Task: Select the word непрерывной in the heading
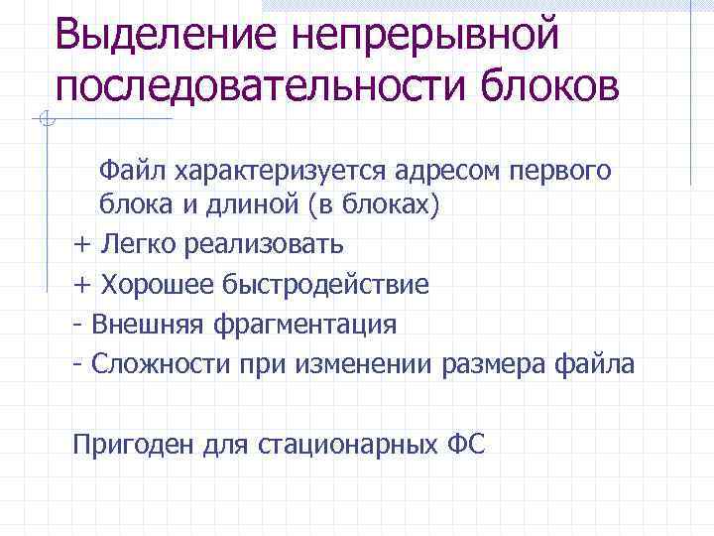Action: click(x=425, y=37)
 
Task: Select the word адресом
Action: click(x=431, y=172)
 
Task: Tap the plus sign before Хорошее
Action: click(x=81, y=285)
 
